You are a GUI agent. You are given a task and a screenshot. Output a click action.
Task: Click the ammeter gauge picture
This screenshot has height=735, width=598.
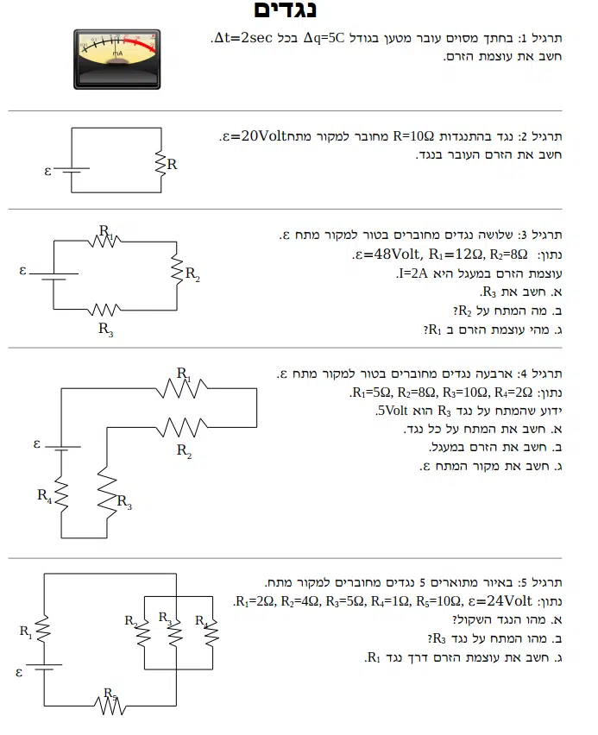coord(116,58)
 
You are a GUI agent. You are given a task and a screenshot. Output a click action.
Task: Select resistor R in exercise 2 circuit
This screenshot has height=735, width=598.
coord(160,162)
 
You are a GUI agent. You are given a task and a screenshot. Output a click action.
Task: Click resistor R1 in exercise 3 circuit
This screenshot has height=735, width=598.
coord(104,241)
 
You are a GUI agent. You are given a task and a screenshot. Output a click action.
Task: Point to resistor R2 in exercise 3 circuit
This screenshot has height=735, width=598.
coord(176,273)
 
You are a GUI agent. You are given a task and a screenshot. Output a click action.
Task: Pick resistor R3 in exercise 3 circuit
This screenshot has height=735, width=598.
coord(104,309)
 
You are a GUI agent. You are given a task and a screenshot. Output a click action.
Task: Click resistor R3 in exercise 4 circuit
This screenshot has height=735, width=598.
coord(106,490)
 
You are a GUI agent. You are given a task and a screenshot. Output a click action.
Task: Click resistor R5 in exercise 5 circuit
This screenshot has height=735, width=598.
coord(110,705)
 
